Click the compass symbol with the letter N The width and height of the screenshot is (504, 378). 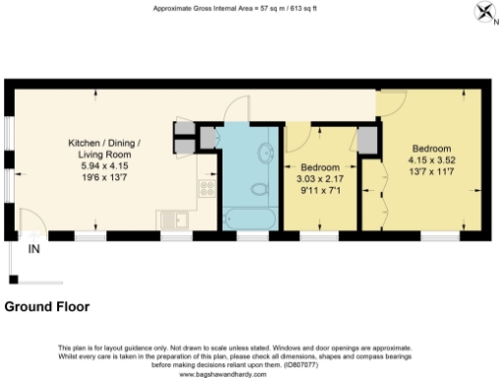(486, 12)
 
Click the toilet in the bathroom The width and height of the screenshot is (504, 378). (258, 186)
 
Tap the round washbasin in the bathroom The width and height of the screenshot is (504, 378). (266, 152)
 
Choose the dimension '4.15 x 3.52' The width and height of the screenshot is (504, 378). (430, 159)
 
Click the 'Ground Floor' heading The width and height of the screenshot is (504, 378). (47, 306)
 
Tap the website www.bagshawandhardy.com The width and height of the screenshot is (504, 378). (222, 375)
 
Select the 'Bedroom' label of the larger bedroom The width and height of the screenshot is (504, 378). (430, 148)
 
